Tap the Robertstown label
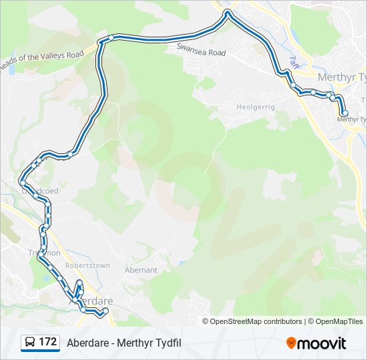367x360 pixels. [87, 265]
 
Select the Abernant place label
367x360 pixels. [141, 270]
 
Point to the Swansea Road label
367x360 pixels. [201, 50]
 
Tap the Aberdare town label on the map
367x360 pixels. [90, 301]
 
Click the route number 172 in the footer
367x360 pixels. [47, 342]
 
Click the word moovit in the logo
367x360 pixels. [322, 343]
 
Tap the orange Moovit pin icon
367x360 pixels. [291, 343]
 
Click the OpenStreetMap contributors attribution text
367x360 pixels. [256, 321]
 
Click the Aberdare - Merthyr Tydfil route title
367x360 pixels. [124, 343]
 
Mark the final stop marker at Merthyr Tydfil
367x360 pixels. [345, 113]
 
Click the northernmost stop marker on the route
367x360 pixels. [228, 13]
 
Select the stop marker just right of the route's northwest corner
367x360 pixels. [111, 37]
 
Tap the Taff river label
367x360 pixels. [292, 61]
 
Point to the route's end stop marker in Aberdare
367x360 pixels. [105, 311]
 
